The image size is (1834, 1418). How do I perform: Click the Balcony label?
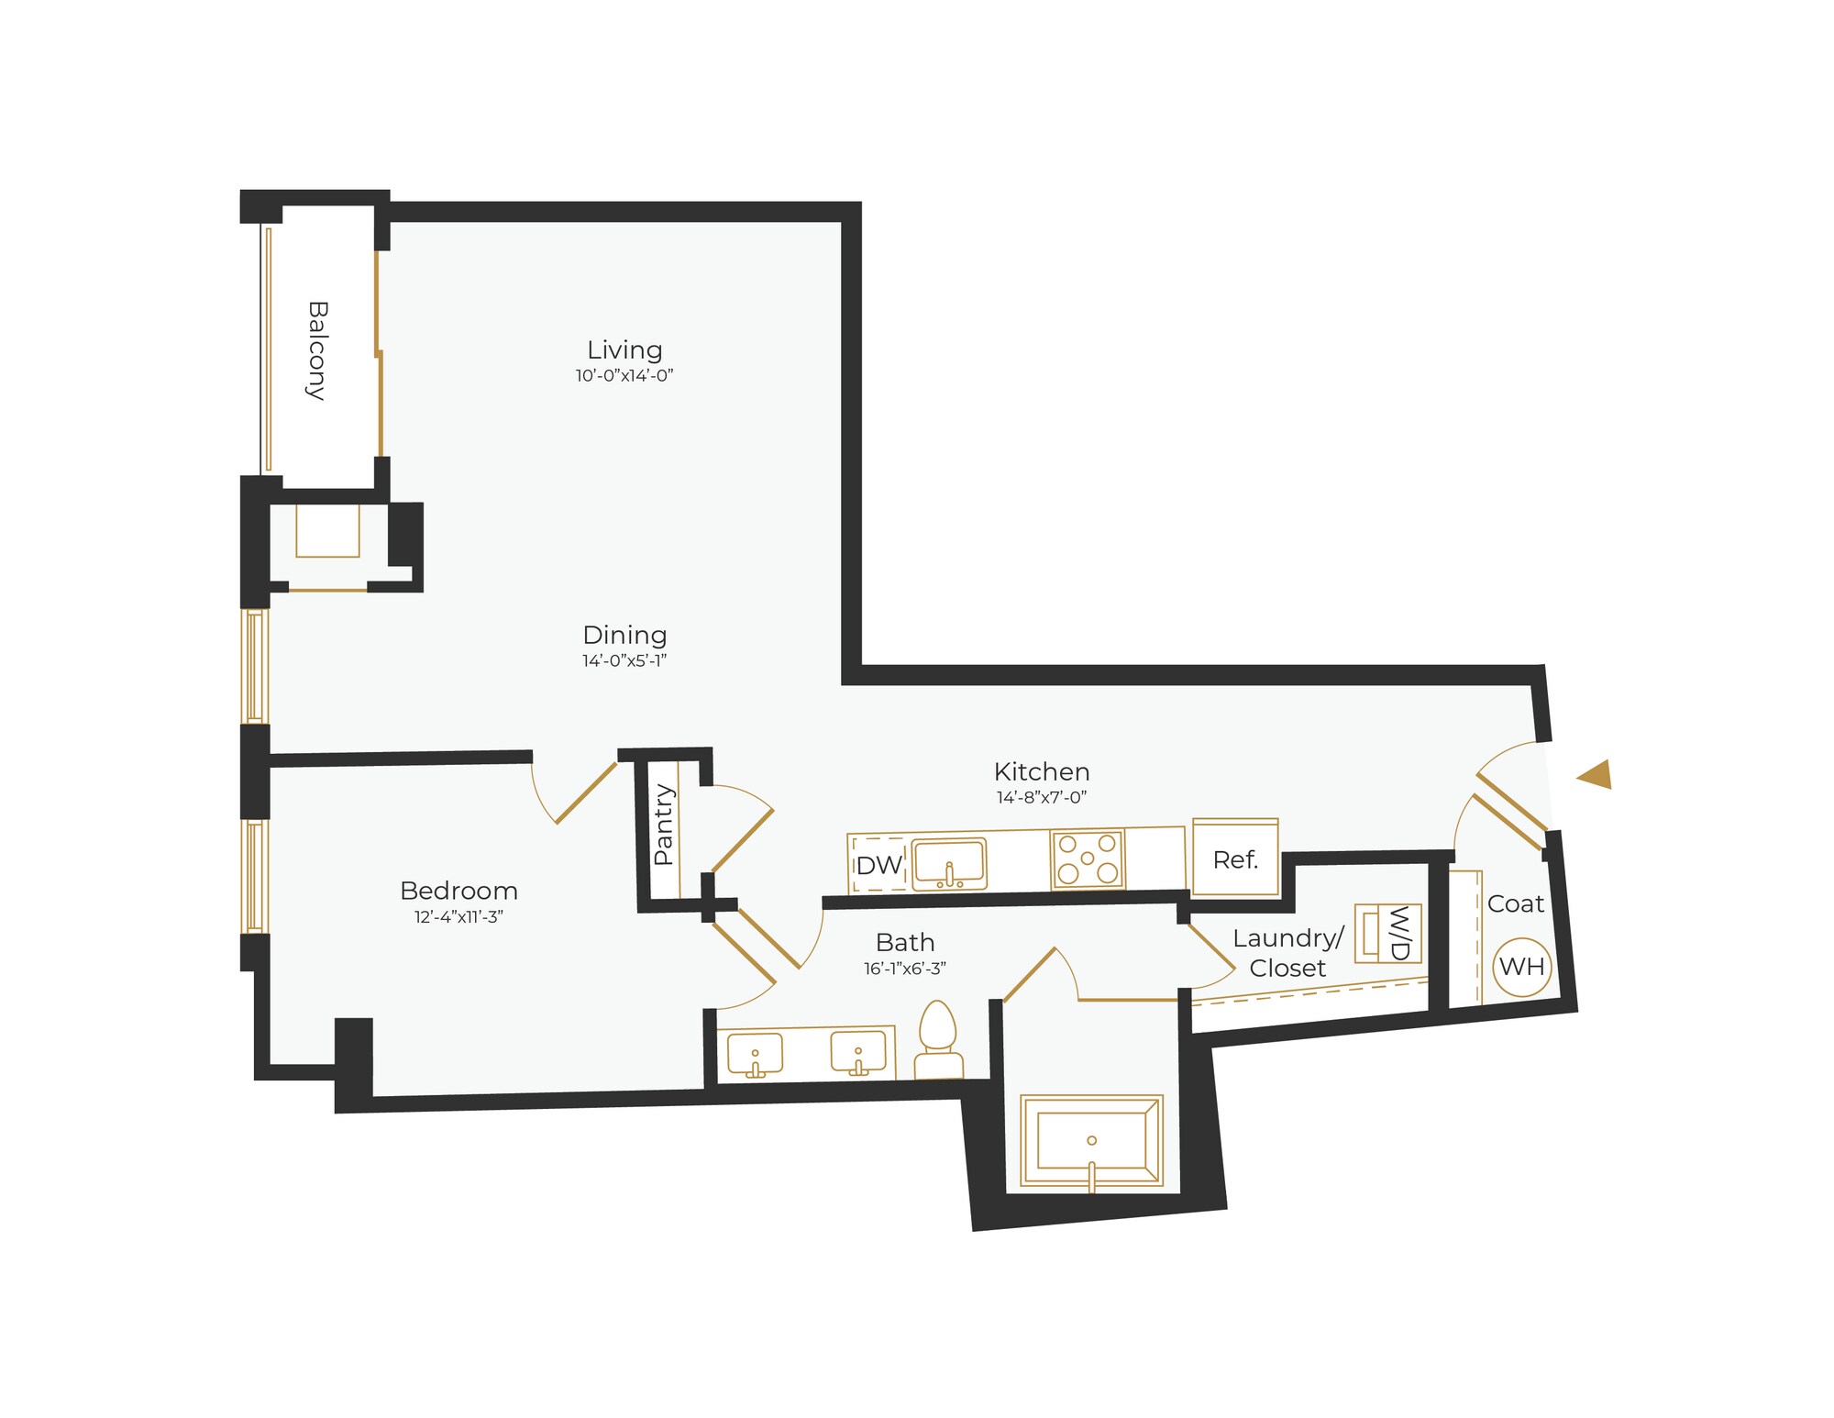(316, 350)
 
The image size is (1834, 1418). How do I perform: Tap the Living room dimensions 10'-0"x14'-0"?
(624, 375)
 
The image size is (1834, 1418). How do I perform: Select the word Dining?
(624, 635)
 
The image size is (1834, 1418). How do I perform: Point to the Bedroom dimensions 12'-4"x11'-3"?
(458, 916)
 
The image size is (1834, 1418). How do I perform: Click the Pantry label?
(663, 825)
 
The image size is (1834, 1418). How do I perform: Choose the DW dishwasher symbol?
(878, 864)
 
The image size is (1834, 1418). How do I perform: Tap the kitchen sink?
(950, 863)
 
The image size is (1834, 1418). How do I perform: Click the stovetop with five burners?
(1088, 859)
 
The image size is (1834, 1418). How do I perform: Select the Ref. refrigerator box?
(1235, 858)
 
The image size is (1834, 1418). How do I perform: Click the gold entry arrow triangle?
(1596, 775)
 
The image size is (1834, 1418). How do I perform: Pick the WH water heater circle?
(1522, 966)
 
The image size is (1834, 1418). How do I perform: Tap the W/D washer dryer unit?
(1387, 933)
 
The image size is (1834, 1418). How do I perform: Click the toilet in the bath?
(938, 1041)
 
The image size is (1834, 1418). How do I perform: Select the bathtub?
(1091, 1141)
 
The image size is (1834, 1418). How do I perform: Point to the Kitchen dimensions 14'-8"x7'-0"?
(1042, 797)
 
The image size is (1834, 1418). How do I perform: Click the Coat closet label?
(1516, 903)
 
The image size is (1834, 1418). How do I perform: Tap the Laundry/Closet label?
(1287, 952)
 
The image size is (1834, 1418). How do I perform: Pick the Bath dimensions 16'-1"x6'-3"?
(904, 968)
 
